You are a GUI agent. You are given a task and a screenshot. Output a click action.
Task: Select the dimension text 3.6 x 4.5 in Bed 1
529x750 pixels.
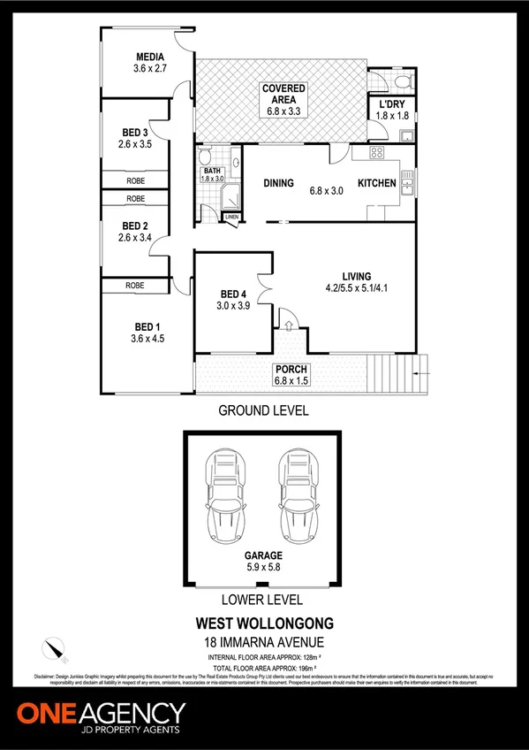coord(148,337)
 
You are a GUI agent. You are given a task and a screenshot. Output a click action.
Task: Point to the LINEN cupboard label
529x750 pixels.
coord(231,217)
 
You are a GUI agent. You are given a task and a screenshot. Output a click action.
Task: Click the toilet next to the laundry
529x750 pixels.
coord(402,82)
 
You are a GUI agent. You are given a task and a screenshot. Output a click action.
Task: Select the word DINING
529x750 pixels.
coord(278,183)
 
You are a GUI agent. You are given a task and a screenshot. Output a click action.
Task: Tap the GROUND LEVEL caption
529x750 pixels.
coord(264,411)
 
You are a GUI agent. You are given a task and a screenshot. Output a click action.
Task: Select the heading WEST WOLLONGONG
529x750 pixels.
coord(264,625)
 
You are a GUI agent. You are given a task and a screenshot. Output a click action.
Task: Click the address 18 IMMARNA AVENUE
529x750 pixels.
coord(264,641)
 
